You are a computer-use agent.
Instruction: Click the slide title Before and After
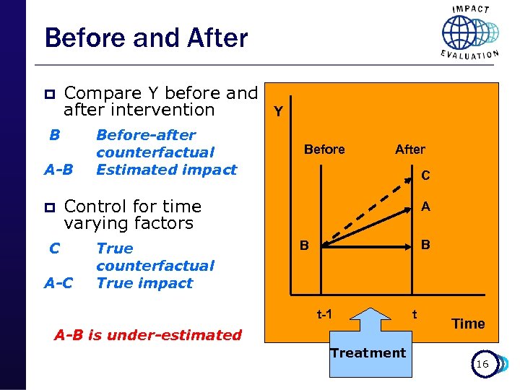[146, 38]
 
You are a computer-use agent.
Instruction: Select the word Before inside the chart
[324, 149]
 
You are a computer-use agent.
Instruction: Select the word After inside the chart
[410, 149]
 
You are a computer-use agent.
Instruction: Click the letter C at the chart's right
[426, 175]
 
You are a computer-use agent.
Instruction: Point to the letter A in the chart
[426, 207]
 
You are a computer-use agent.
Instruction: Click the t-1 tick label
[324, 314]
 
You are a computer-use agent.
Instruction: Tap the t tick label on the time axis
[415, 314]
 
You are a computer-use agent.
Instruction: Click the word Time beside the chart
[468, 324]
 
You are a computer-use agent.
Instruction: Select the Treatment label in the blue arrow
[368, 353]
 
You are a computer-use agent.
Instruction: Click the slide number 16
[482, 364]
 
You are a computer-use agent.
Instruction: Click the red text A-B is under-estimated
[148, 334]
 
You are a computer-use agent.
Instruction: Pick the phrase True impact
[144, 283]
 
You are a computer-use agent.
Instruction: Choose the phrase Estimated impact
[166, 170]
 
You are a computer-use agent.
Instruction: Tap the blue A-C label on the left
[58, 283]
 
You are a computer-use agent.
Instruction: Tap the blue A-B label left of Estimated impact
[58, 170]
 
